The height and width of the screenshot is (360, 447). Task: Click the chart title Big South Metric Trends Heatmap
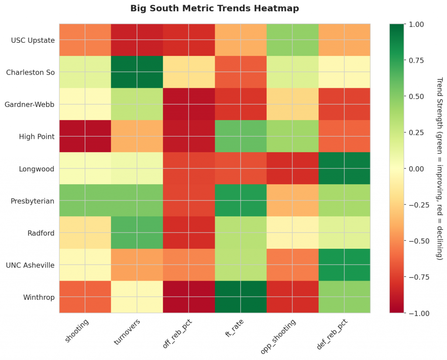tap(214, 9)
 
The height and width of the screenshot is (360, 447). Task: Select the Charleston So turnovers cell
tap(137, 72)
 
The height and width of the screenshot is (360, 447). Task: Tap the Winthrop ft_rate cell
tap(241, 297)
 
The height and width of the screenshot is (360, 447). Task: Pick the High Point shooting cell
tap(85, 136)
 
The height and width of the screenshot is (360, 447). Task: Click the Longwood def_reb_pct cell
tap(344, 168)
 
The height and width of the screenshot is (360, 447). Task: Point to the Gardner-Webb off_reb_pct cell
tap(189, 104)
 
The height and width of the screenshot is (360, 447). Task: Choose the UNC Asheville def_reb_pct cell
tap(344, 265)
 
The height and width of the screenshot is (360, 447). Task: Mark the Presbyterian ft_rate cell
tap(241, 201)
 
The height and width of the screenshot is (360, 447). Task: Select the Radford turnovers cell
tap(137, 233)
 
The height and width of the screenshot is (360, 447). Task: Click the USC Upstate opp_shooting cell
tap(292, 40)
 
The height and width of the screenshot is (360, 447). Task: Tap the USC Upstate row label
tap(33, 41)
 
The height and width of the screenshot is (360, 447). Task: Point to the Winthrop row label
tap(40, 298)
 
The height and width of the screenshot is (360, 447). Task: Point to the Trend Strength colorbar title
tap(439, 168)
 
